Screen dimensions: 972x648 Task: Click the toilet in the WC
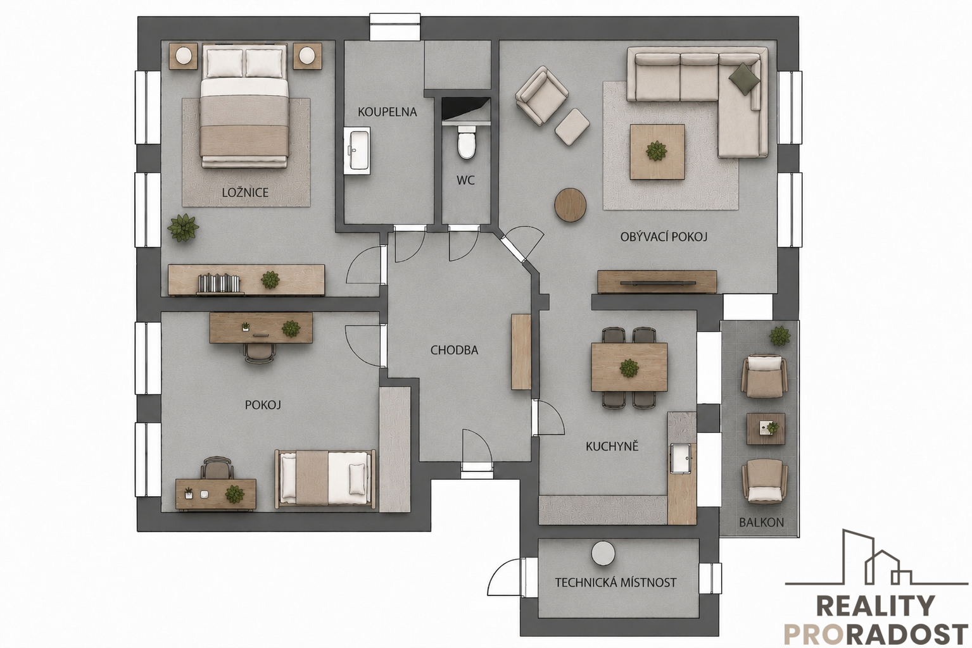[467, 141]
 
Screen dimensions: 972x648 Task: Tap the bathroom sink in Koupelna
[357, 151]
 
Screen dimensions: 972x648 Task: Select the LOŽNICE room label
[245, 192]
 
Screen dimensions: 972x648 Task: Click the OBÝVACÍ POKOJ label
[664, 237]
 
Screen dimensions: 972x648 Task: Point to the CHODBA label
[454, 350]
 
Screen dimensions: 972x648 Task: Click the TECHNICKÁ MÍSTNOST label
[615, 582]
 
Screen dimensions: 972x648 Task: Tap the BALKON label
[762, 522]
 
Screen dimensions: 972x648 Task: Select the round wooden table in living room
[571, 205]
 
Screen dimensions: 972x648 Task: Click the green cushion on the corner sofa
[744, 78]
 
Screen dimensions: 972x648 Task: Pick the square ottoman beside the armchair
[572, 127]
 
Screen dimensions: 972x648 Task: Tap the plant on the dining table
[629, 368]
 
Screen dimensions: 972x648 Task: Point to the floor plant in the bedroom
[183, 228]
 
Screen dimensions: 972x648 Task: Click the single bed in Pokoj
[325, 478]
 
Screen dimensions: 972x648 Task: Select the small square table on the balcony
[766, 428]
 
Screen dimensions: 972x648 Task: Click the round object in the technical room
[603, 554]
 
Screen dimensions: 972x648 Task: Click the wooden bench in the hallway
[522, 351]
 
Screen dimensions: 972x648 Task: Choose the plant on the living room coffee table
[656, 151]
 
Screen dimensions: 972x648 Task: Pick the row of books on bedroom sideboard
[219, 283]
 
